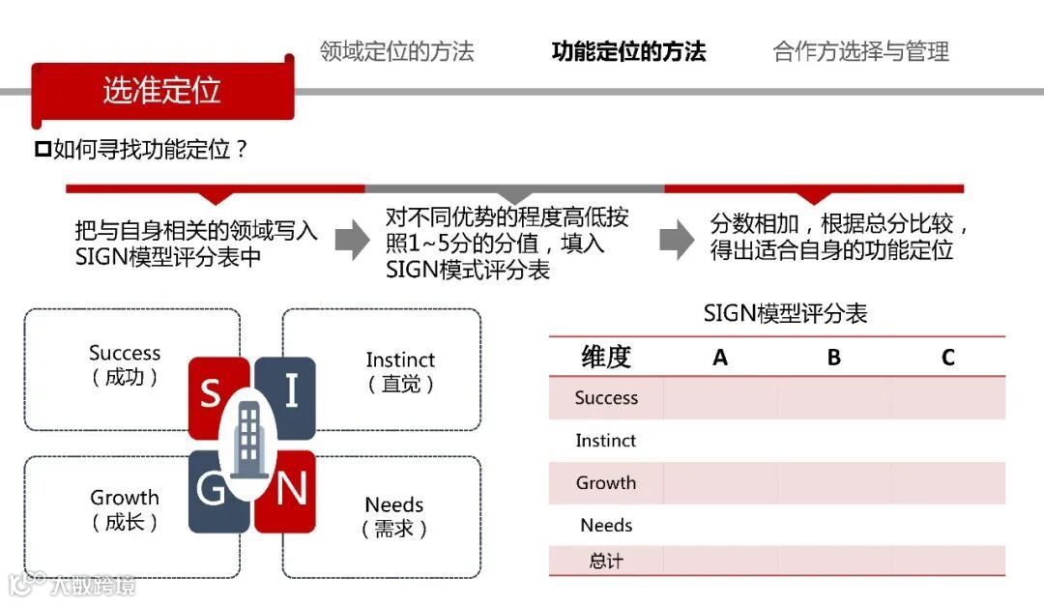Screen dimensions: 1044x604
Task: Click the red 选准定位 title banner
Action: [x=162, y=90]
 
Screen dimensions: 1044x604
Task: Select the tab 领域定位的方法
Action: [x=396, y=51]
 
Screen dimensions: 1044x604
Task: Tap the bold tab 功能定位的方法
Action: [x=628, y=51]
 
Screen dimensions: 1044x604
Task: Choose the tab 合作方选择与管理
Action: [x=860, y=51]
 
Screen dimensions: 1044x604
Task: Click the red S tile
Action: [x=210, y=390]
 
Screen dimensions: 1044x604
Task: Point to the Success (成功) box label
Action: [x=125, y=365]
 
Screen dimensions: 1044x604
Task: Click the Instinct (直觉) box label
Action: [x=400, y=371]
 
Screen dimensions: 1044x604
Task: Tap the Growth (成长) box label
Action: [x=125, y=509]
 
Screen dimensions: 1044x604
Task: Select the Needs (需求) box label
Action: [x=394, y=516]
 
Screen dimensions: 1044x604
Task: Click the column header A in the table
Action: [x=720, y=358]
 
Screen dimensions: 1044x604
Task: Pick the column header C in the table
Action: [x=947, y=358]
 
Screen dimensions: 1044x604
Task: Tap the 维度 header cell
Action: [x=606, y=357]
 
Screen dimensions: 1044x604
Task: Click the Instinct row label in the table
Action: [x=606, y=441]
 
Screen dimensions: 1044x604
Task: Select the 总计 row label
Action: [x=606, y=561]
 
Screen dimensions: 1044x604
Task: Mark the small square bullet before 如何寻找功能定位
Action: [x=42, y=150]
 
